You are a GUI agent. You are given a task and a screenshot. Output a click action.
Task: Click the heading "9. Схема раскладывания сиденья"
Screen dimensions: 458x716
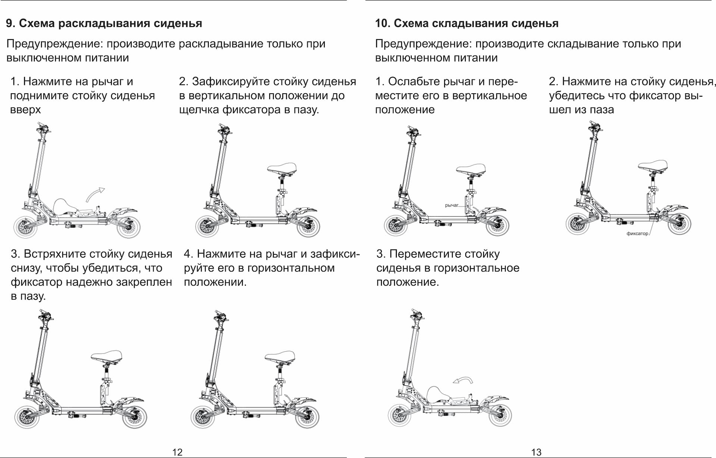pos(104,23)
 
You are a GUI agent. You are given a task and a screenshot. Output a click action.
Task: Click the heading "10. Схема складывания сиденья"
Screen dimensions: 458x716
pos(467,23)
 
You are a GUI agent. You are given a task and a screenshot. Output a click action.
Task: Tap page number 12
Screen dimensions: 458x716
pos(177,452)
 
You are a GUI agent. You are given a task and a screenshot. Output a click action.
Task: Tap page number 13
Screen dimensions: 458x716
pos(536,452)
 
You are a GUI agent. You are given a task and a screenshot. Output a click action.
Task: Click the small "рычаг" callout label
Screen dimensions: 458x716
pos(452,205)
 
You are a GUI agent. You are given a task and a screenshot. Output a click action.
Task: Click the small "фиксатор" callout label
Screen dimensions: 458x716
pos(637,233)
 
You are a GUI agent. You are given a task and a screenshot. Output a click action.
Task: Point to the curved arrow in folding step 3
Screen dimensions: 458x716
pos(463,380)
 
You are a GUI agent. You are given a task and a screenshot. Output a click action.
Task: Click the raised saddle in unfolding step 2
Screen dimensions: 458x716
pos(282,168)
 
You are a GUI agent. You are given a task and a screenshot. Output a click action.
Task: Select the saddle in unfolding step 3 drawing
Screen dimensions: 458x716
pos(107,355)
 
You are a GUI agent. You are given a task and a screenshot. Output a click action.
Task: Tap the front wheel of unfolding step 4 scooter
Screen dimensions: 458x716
pos(203,417)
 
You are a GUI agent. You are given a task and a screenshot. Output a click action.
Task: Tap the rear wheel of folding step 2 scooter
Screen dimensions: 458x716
pos(679,224)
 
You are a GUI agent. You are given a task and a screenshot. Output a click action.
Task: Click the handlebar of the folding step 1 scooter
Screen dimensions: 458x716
pos(413,131)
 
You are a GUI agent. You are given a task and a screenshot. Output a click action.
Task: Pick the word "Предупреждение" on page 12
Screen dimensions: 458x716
pos(54,44)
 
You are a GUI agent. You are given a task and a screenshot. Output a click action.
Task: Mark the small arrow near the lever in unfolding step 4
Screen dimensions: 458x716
pos(287,397)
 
